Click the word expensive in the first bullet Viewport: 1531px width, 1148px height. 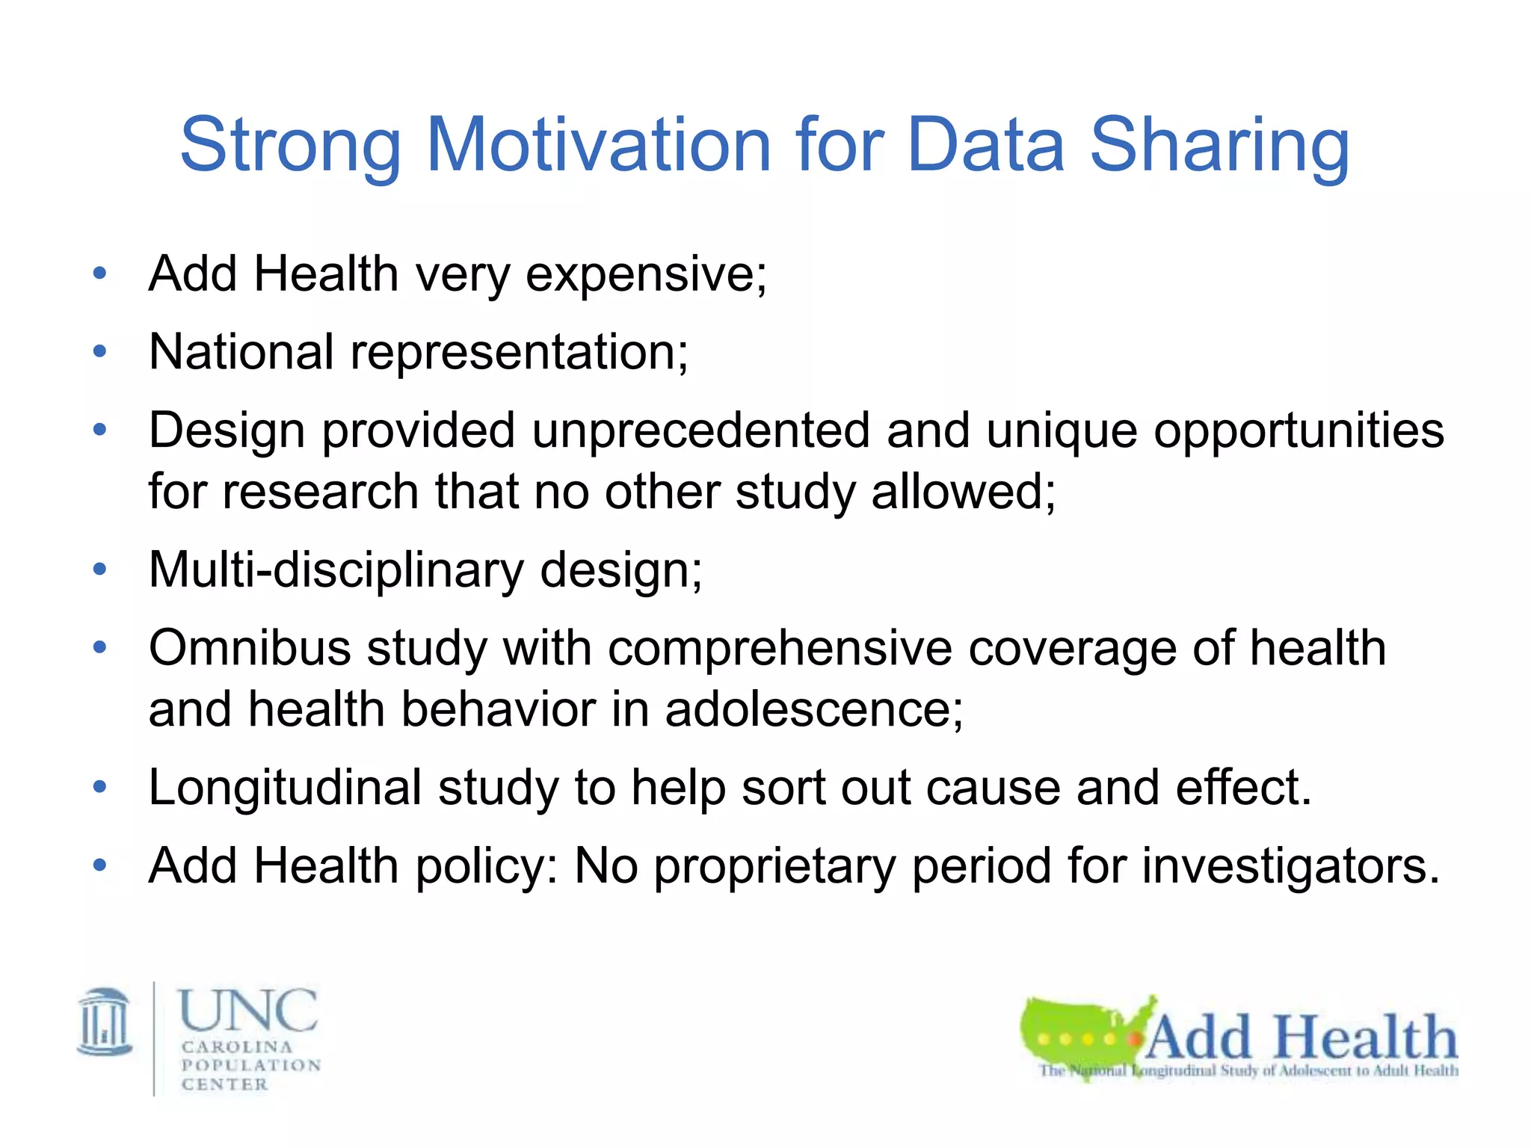click(x=646, y=276)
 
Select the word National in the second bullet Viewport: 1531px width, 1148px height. click(x=241, y=351)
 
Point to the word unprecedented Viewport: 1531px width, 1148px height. click(x=700, y=430)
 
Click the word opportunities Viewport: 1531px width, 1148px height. click(x=1299, y=432)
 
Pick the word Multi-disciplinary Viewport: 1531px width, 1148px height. click(x=336, y=570)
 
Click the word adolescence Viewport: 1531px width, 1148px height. click(x=813, y=709)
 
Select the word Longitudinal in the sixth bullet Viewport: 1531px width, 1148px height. click(x=285, y=788)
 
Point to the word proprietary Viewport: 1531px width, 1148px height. click(x=774, y=867)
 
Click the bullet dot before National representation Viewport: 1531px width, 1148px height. click(x=99, y=351)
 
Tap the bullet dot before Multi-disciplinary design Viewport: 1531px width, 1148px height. click(x=99, y=570)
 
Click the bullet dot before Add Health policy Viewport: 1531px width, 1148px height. click(x=99, y=865)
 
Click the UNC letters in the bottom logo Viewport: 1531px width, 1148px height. click(x=247, y=1010)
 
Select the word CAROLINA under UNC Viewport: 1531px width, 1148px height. click(x=236, y=1047)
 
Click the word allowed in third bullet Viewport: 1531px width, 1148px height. click(x=963, y=493)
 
